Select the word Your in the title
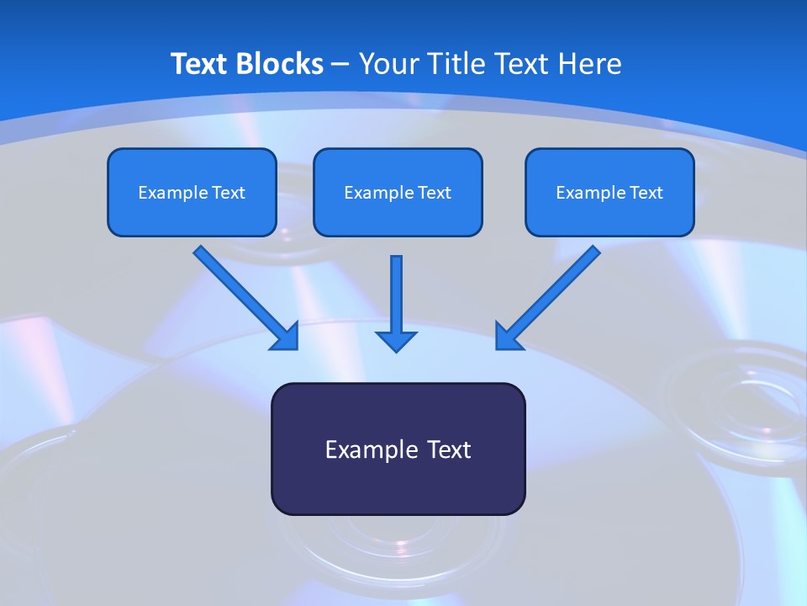[389, 64]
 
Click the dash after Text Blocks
[340, 64]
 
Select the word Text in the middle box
[435, 193]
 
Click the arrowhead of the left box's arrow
[286, 337]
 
